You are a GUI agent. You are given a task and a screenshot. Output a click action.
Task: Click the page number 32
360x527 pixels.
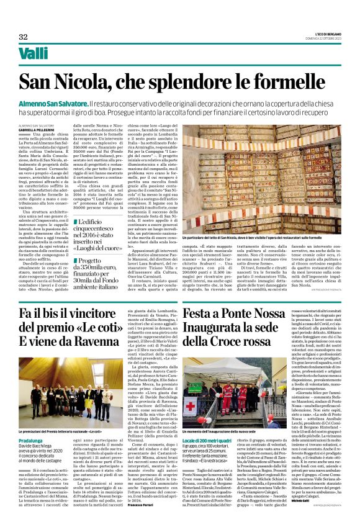point(24,36)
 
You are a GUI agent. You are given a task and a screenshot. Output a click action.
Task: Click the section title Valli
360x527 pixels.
point(33,55)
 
